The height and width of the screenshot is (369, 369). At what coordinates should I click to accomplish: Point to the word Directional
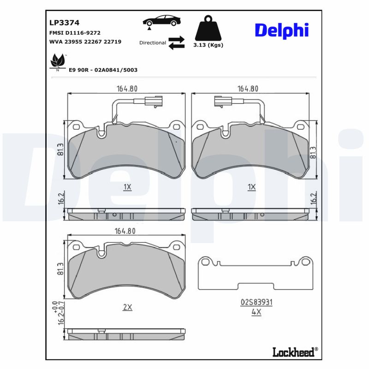[153, 42]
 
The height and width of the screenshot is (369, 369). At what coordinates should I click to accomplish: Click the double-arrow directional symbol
[176, 42]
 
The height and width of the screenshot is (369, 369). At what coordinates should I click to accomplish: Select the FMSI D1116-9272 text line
[75, 33]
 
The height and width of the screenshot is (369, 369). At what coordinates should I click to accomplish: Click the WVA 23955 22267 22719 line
[85, 42]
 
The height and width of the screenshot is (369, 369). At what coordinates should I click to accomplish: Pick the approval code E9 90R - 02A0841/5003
[103, 70]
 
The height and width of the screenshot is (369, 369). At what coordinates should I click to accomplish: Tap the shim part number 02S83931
[256, 302]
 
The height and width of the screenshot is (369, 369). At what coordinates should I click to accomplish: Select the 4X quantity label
[256, 312]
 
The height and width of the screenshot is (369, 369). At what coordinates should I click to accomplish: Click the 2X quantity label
[127, 307]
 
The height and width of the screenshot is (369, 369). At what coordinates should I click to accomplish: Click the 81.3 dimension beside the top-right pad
[313, 153]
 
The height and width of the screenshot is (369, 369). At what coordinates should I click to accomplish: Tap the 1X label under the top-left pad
[127, 187]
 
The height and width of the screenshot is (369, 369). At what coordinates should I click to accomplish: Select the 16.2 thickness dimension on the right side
[314, 199]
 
